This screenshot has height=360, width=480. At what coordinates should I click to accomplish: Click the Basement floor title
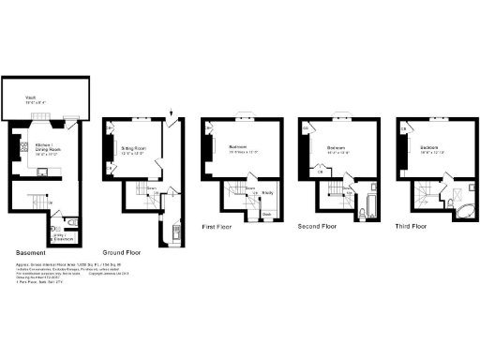35,253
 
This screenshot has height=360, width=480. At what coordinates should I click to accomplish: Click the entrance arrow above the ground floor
172,115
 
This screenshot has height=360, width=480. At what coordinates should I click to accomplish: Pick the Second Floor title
318,226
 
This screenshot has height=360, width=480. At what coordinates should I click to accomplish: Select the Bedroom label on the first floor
238,147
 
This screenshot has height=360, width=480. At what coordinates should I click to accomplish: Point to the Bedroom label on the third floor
432,148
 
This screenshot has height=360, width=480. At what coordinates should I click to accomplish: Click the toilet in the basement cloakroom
72,222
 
